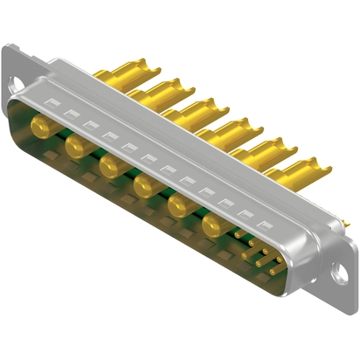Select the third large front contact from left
coord(107,163)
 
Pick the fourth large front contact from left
coord(143,183)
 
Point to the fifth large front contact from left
coord(179,204)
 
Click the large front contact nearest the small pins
coord(212,226)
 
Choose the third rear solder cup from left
coord(194,110)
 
